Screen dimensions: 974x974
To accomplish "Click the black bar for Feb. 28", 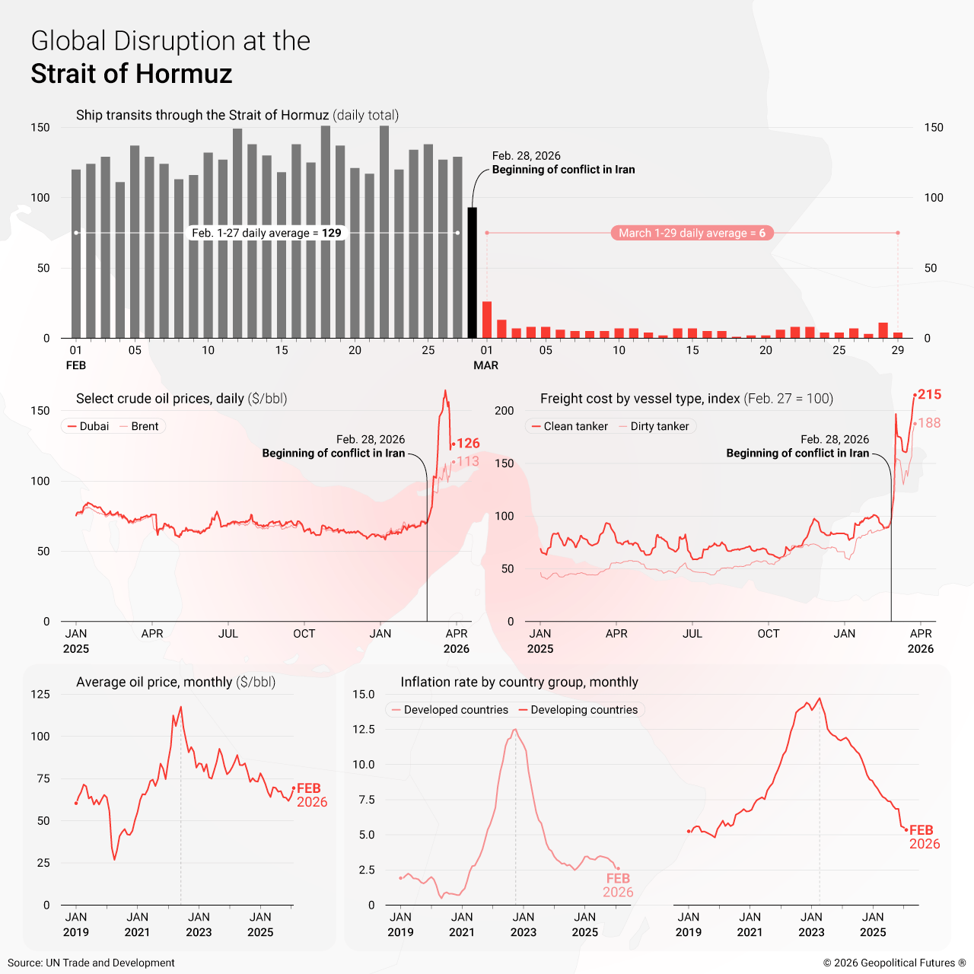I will [x=472, y=272].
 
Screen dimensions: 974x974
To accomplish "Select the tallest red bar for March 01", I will [x=487, y=320].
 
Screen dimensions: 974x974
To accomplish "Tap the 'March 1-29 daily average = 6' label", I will [x=692, y=233].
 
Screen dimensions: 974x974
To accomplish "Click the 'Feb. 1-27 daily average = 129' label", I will [x=266, y=233].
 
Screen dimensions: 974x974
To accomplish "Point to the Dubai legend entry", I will [x=88, y=426].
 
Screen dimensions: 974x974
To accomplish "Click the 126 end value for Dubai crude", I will [x=468, y=443].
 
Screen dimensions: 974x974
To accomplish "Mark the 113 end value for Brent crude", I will [x=468, y=461].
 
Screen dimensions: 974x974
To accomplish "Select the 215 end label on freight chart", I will [x=929, y=394].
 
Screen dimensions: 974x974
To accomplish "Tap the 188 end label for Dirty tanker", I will [x=929, y=423].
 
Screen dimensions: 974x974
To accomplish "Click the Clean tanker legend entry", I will [x=570, y=426].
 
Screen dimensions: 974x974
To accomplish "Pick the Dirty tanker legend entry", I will [x=654, y=426].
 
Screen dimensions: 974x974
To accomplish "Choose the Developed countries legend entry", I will [x=450, y=710].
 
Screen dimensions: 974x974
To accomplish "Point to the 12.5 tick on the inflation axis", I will [x=364, y=729].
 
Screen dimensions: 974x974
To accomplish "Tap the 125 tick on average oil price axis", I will [x=40, y=694].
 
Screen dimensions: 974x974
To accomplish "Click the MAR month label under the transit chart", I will [x=485, y=365].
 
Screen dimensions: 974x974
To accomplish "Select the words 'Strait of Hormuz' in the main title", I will [x=132, y=74].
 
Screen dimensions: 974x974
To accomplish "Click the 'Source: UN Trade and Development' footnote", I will [x=91, y=963].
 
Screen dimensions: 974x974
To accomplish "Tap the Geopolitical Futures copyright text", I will [x=894, y=963].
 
